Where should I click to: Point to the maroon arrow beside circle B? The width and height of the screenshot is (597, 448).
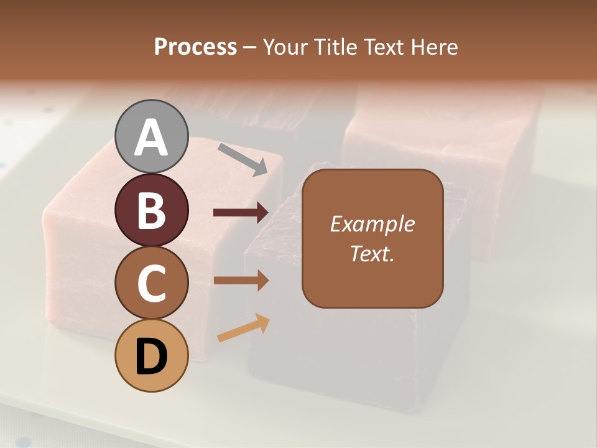pos(241,213)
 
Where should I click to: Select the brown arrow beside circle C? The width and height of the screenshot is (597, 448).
pos(241,281)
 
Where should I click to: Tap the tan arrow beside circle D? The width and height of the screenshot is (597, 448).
pos(243,329)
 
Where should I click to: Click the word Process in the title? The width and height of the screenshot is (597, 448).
pos(195,47)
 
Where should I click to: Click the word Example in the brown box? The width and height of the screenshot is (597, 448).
pos(372,224)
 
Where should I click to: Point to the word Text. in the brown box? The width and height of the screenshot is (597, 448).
pos(372,253)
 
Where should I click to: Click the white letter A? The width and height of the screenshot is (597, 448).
pos(152,138)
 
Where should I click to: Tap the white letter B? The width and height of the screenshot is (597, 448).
pos(152,210)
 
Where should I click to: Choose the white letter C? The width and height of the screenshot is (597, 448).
pos(152,284)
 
